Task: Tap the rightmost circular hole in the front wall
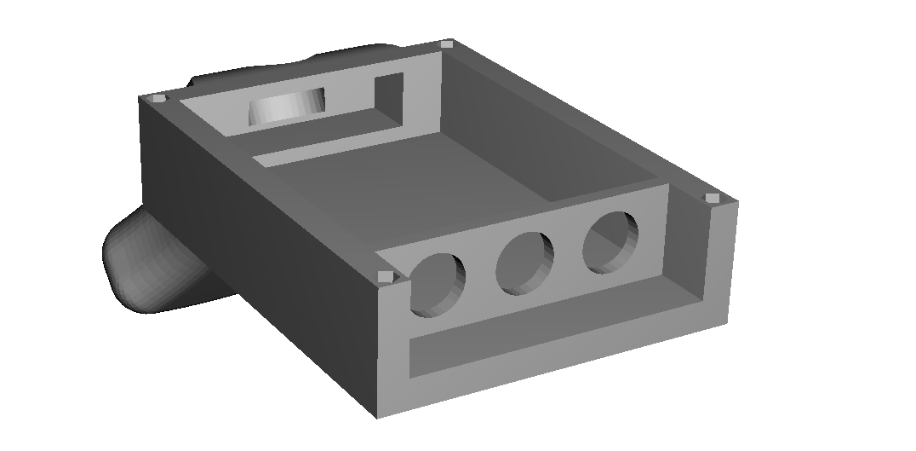[610, 242]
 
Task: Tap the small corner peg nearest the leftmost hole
[385, 276]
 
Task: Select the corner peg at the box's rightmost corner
[713, 198]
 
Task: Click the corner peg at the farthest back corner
[447, 43]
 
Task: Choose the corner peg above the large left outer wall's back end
[158, 99]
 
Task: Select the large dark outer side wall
[255, 256]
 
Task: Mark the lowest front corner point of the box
[376, 417]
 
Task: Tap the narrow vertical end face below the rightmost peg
[720, 264]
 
